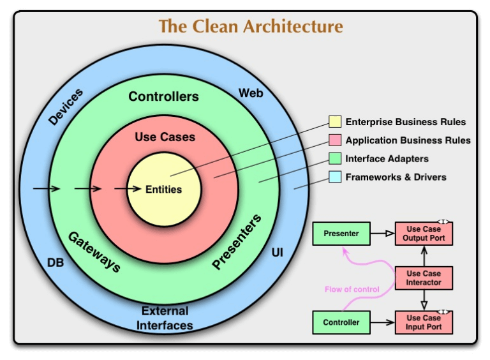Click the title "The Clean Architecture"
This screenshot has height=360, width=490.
tap(251, 27)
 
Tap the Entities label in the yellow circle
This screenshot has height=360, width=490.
tap(163, 190)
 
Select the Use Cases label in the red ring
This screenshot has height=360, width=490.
tap(165, 137)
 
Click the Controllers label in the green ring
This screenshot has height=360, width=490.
tap(163, 97)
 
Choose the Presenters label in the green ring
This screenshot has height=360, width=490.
tap(237, 242)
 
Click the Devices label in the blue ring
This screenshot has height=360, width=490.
tap(65, 107)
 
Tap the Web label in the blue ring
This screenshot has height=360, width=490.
tap(251, 94)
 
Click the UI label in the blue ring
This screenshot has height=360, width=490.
tap(277, 253)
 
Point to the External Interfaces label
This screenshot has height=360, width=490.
tap(165, 318)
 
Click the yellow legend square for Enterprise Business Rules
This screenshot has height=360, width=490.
tap(335, 122)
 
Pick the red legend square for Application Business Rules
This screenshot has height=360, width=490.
tap(335, 140)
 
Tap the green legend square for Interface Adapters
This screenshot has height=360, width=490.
tap(335, 158)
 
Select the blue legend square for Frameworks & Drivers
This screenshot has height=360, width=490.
tap(335, 177)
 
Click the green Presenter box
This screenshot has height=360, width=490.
tap(341, 234)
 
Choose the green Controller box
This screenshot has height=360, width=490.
tap(341, 322)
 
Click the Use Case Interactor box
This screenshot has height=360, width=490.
tap(424, 278)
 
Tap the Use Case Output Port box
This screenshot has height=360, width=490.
tap(424, 234)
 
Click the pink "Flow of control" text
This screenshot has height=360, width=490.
tap(352, 289)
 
